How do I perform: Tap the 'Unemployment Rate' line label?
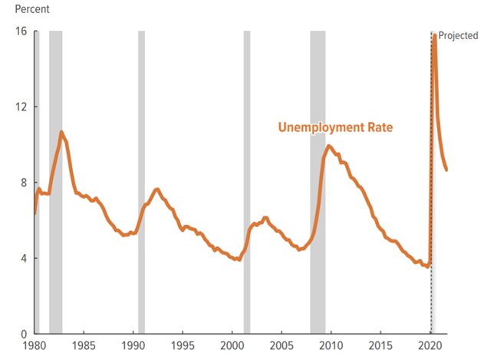point(334,127)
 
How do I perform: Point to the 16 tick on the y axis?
point(20,31)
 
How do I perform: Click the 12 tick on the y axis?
point(20,107)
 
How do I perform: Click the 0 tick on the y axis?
point(22,334)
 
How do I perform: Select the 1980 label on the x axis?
point(35,346)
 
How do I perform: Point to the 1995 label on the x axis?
point(183,346)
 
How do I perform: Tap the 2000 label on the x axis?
point(232,346)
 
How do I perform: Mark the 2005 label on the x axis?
point(282,346)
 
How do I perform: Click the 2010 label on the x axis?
point(331,346)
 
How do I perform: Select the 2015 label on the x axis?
point(381,346)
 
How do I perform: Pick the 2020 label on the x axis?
point(430,346)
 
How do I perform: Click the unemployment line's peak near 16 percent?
point(435,35)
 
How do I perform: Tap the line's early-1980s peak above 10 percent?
point(61,132)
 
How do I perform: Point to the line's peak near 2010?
point(329,146)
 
